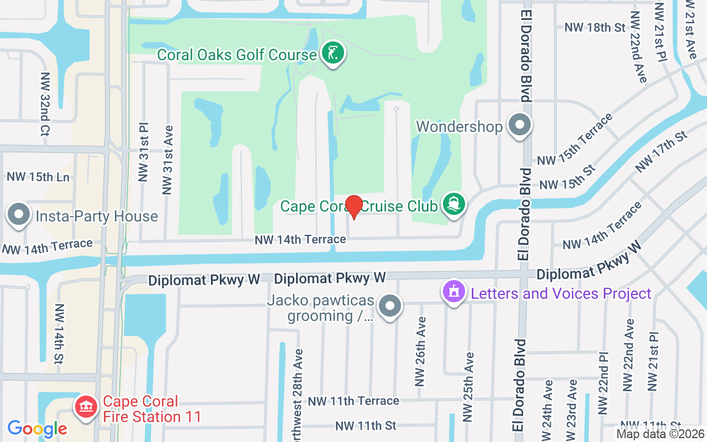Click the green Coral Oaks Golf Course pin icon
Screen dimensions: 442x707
[333, 54]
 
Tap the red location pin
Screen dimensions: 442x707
[353, 207]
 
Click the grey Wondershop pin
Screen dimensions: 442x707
[519, 125]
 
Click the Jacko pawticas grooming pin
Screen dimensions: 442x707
[391, 306]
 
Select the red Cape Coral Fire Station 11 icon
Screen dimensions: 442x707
[86, 408]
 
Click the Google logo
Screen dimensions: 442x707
[37, 429]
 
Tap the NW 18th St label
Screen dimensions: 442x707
[594, 27]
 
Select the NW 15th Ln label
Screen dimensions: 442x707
[38, 177]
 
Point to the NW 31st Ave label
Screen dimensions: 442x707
[168, 160]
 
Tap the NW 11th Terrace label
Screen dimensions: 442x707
[353, 401]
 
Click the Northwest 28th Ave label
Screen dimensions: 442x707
[298, 395]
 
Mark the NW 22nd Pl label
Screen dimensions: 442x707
[603, 383]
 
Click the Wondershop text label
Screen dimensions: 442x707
[459, 127]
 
